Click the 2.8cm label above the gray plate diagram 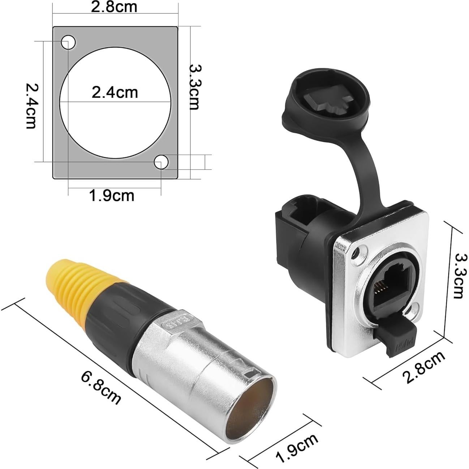(x=114, y=7)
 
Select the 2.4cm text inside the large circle (x=115, y=92)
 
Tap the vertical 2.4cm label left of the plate (x=31, y=106)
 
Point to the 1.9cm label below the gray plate (x=112, y=195)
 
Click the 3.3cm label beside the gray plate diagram (x=195, y=87)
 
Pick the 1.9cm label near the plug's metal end (x=297, y=448)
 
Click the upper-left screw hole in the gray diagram (x=68, y=43)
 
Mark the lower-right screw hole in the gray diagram (x=161, y=163)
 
